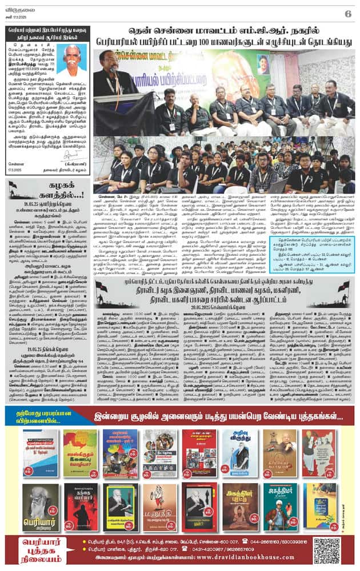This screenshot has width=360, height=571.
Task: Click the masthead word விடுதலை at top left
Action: click(x=17, y=10)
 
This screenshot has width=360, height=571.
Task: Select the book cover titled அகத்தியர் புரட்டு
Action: click(x=239, y=506)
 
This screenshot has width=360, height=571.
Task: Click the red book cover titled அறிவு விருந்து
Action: click(x=239, y=453)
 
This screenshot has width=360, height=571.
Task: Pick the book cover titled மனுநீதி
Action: click(x=159, y=506)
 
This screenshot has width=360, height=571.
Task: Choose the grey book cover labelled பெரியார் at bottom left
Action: click(x=41, y=508)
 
